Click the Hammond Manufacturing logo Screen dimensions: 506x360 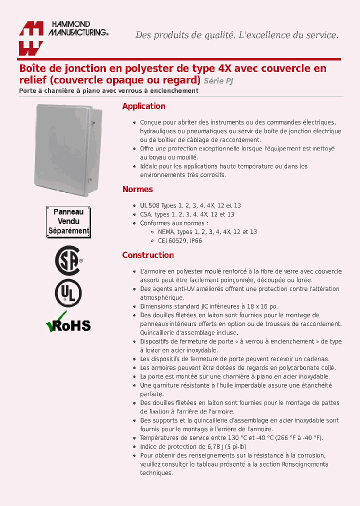[x=62, y=37]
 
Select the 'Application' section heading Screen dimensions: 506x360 [x=143, y=106]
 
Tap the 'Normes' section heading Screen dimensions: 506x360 [x=137, y=189]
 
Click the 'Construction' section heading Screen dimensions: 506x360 [x=148, y=255]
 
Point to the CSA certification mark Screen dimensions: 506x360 [x=68, y=260]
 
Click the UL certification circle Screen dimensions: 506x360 [x=68, y=293]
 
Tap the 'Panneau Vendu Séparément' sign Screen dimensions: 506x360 [x=68, y=221]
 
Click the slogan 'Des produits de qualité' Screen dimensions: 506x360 [x=185, y=35]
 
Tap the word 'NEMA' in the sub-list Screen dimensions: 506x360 [x=166, y=232]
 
